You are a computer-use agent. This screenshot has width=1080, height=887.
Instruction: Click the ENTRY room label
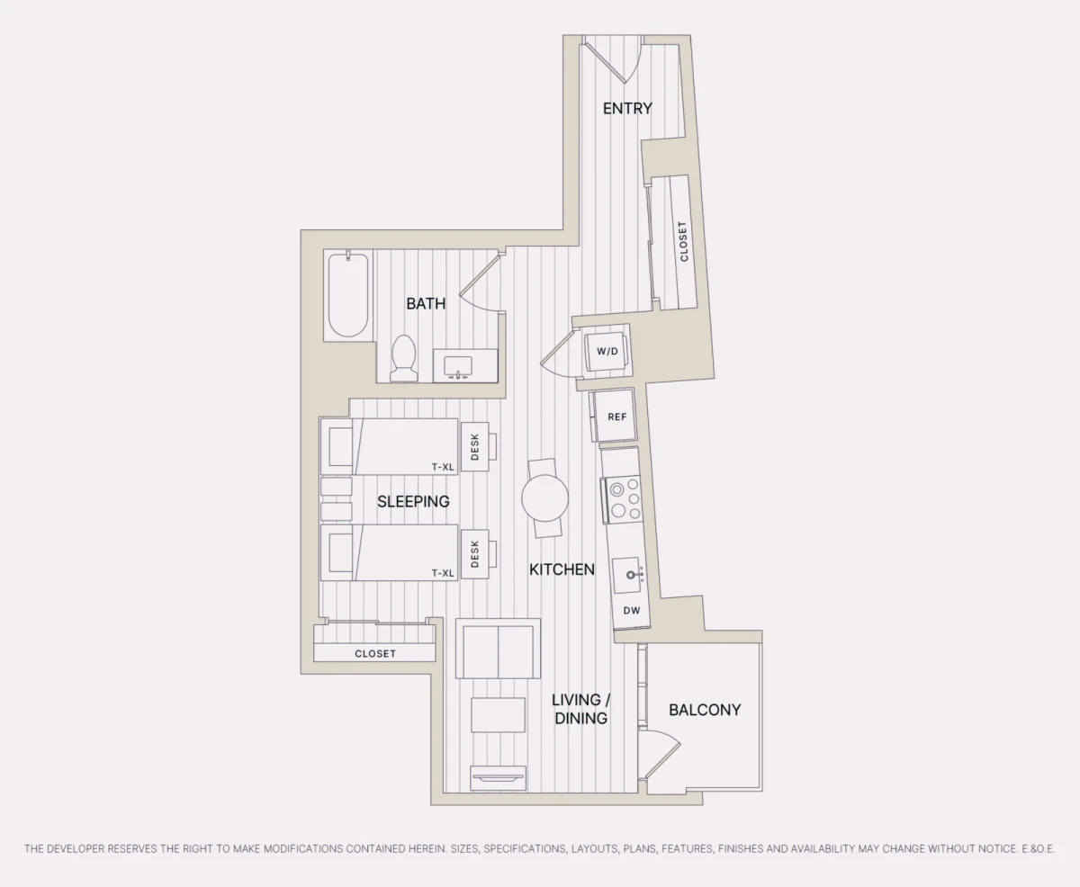(627, 109)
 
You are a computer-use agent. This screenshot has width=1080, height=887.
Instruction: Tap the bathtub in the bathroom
(348, 295)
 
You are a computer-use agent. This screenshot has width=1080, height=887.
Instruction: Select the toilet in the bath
(403, 358)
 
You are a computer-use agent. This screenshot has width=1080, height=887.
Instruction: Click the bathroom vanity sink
(458, 368)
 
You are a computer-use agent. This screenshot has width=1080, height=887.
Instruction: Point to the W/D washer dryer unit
(607, 352)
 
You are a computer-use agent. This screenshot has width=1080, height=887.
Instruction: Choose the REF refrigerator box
(616, 416)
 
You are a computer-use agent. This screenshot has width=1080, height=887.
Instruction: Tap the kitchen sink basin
(628, 575)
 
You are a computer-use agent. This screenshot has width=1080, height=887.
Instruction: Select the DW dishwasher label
(632, 610)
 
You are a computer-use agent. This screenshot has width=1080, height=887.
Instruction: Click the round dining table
(544, 498)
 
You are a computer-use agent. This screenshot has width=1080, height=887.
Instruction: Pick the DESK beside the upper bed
(474, 447)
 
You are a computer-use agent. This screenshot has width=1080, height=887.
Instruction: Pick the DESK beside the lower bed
(474, 554)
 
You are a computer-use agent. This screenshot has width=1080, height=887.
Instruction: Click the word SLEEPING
(413, 502)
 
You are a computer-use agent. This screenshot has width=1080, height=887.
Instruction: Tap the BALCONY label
(705, 710)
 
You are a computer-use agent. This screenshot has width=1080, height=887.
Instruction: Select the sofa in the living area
(498, 649)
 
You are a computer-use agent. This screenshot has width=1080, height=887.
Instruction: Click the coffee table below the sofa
(498, 714)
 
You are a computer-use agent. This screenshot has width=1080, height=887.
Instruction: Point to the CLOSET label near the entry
(683, 242)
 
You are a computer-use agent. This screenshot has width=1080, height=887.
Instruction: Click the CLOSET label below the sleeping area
(375, 654)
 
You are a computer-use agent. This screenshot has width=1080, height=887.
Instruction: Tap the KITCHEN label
(562, 569)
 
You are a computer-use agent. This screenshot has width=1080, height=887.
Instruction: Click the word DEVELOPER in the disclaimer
(76, 848)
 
